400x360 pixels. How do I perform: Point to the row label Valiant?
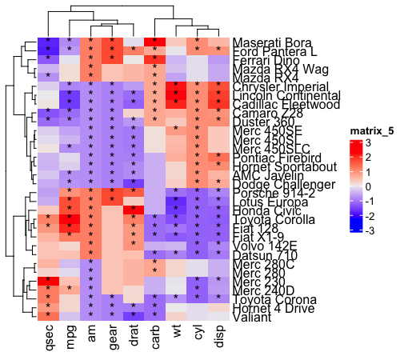(251, 318)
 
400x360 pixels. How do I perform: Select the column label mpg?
(70, 339)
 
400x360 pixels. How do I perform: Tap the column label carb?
(154, 339)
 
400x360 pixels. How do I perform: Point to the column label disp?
(217, 339)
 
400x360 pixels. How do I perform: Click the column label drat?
(133, 339)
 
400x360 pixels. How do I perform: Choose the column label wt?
(174, 336)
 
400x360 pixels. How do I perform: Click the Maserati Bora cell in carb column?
(154, 42)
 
